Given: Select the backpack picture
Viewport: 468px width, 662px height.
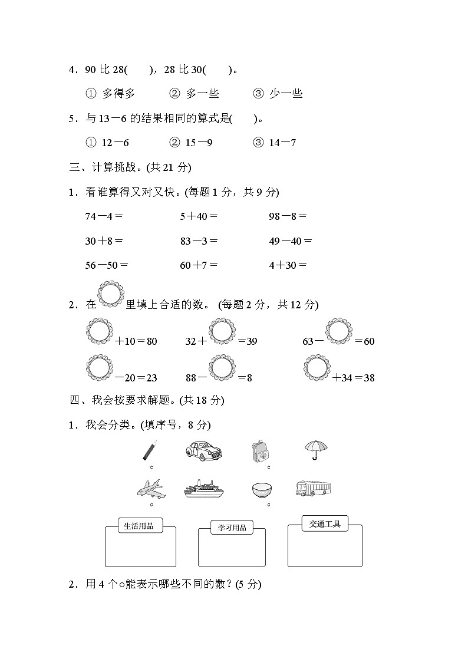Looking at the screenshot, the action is [259, 450].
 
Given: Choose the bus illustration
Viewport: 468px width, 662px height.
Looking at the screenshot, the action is [313, 488].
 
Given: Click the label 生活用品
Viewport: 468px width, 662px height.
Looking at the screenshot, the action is [140, 526].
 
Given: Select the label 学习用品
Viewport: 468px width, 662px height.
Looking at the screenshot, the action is [232, 528].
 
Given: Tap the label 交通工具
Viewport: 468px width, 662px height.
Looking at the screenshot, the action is [325, 523].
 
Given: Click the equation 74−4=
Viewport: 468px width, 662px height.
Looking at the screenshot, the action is [104, 216].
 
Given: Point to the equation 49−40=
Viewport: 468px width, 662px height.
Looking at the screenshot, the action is [291, 241].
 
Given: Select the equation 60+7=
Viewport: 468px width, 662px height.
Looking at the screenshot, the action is [199, 265].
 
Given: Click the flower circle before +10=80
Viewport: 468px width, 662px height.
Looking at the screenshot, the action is [98, 330].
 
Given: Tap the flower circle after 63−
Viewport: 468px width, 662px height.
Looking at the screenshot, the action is [339, 330].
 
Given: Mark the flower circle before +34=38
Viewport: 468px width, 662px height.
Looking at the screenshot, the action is [318, 367].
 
